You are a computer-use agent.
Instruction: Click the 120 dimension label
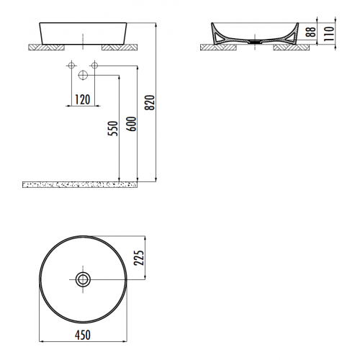click(x=83, y=100)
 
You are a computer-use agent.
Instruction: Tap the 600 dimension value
click(x=130, y=124)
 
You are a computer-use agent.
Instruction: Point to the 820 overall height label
click(x=150, y=104)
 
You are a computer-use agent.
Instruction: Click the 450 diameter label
click(x=83, y=336)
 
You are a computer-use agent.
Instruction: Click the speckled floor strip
click(x=79, y=186)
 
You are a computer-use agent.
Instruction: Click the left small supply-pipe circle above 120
click(x=71, y=67)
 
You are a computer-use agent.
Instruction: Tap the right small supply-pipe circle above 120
click(x=95, y=67)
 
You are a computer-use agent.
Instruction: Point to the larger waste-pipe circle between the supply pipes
click(x=83, y=75)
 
